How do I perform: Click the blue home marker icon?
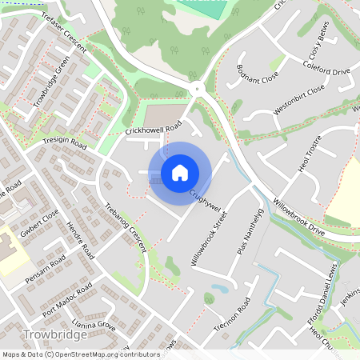[180, 172]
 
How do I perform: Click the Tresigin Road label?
[63, 143]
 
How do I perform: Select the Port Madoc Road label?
[69, 299]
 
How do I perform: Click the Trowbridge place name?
[56, 335]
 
